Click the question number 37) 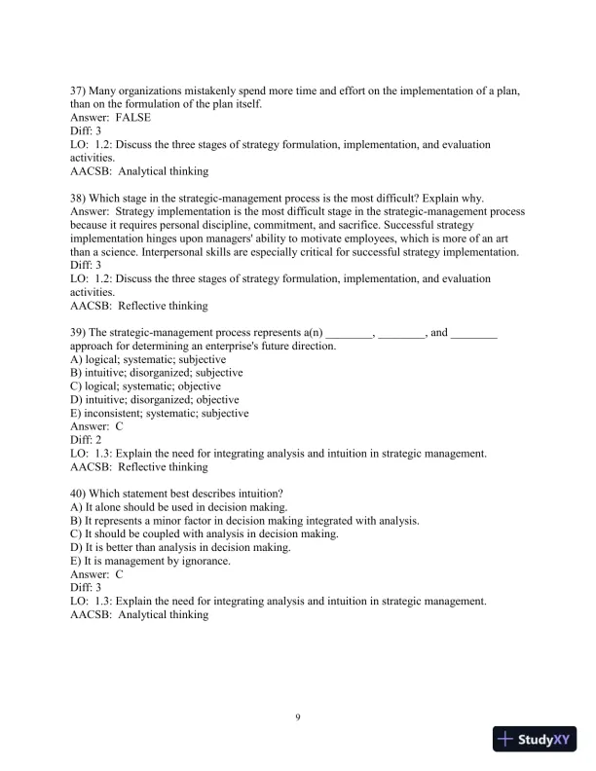click(79, 91)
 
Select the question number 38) click(79, 198)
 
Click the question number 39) click(79, 332)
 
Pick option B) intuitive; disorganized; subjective click(157, 373)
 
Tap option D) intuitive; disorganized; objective click(155, 400)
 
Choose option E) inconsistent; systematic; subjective click(160, 413)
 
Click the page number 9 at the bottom click(298, 717)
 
